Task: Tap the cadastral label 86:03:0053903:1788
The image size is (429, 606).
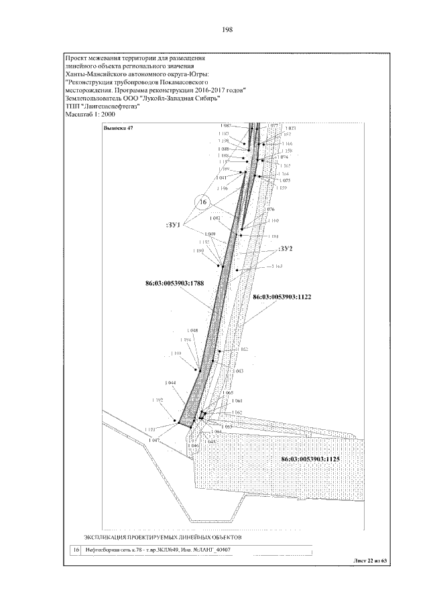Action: (x=174, y=283)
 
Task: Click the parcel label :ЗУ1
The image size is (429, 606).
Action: (x=174, y=225)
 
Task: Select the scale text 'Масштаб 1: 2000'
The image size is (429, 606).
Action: (x=90, y=114)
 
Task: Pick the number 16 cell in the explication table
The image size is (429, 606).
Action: (x=75, y=550)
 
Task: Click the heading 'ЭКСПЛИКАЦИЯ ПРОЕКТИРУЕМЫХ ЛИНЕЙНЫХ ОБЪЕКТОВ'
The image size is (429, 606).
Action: (x=162, y=537)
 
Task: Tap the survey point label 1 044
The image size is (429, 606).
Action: (x=169, y=383)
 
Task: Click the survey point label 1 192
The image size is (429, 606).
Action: (x=158, y=400)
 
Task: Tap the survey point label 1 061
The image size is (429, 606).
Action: (x=237, y=400)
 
